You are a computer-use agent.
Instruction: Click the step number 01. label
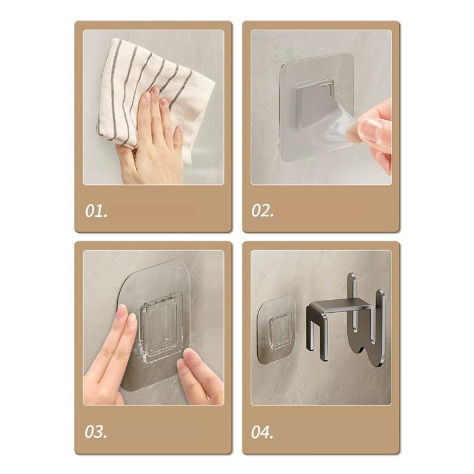pyautogui.click(x=96, y=211)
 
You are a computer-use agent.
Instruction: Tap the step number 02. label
pyautogui.click(x=262, y=211)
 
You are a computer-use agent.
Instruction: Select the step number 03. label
pyautogui.click(x=96, y=432)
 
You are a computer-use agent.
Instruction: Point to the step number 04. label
pyautogui.click(x=262, y=432)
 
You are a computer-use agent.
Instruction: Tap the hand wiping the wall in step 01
pyautogui.click(x=151, y=139)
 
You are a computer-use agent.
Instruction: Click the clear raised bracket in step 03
pyautogui.click(x=160, y=326)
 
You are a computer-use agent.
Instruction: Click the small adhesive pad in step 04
pyautogui.click(x=276, y=329)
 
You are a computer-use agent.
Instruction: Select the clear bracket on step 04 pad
pyautogui.click(x=280, y=331)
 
